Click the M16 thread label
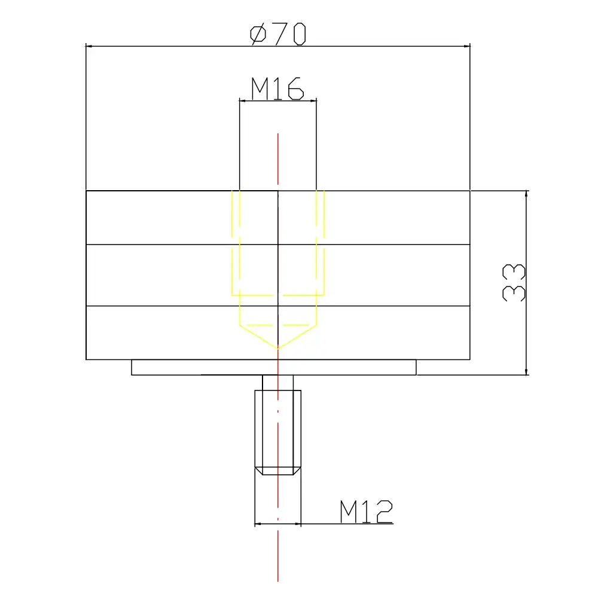click(x=277, y=89)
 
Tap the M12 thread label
click(x=366, y=512)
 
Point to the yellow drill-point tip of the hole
click(x=278, y=347)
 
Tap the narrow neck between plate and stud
click(x=277, y=382)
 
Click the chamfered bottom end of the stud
click(x=278, y=471)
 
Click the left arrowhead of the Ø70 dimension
click(x=90, y=45)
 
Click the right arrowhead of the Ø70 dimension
click(x=467, y=45)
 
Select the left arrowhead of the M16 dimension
click(x=242, y=101)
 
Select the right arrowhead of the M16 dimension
click(x=313, y=101)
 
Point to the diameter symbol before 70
click(x=258, y=34)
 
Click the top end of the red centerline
click(x=278, y=135)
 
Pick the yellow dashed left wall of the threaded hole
click(x=232, y=245)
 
